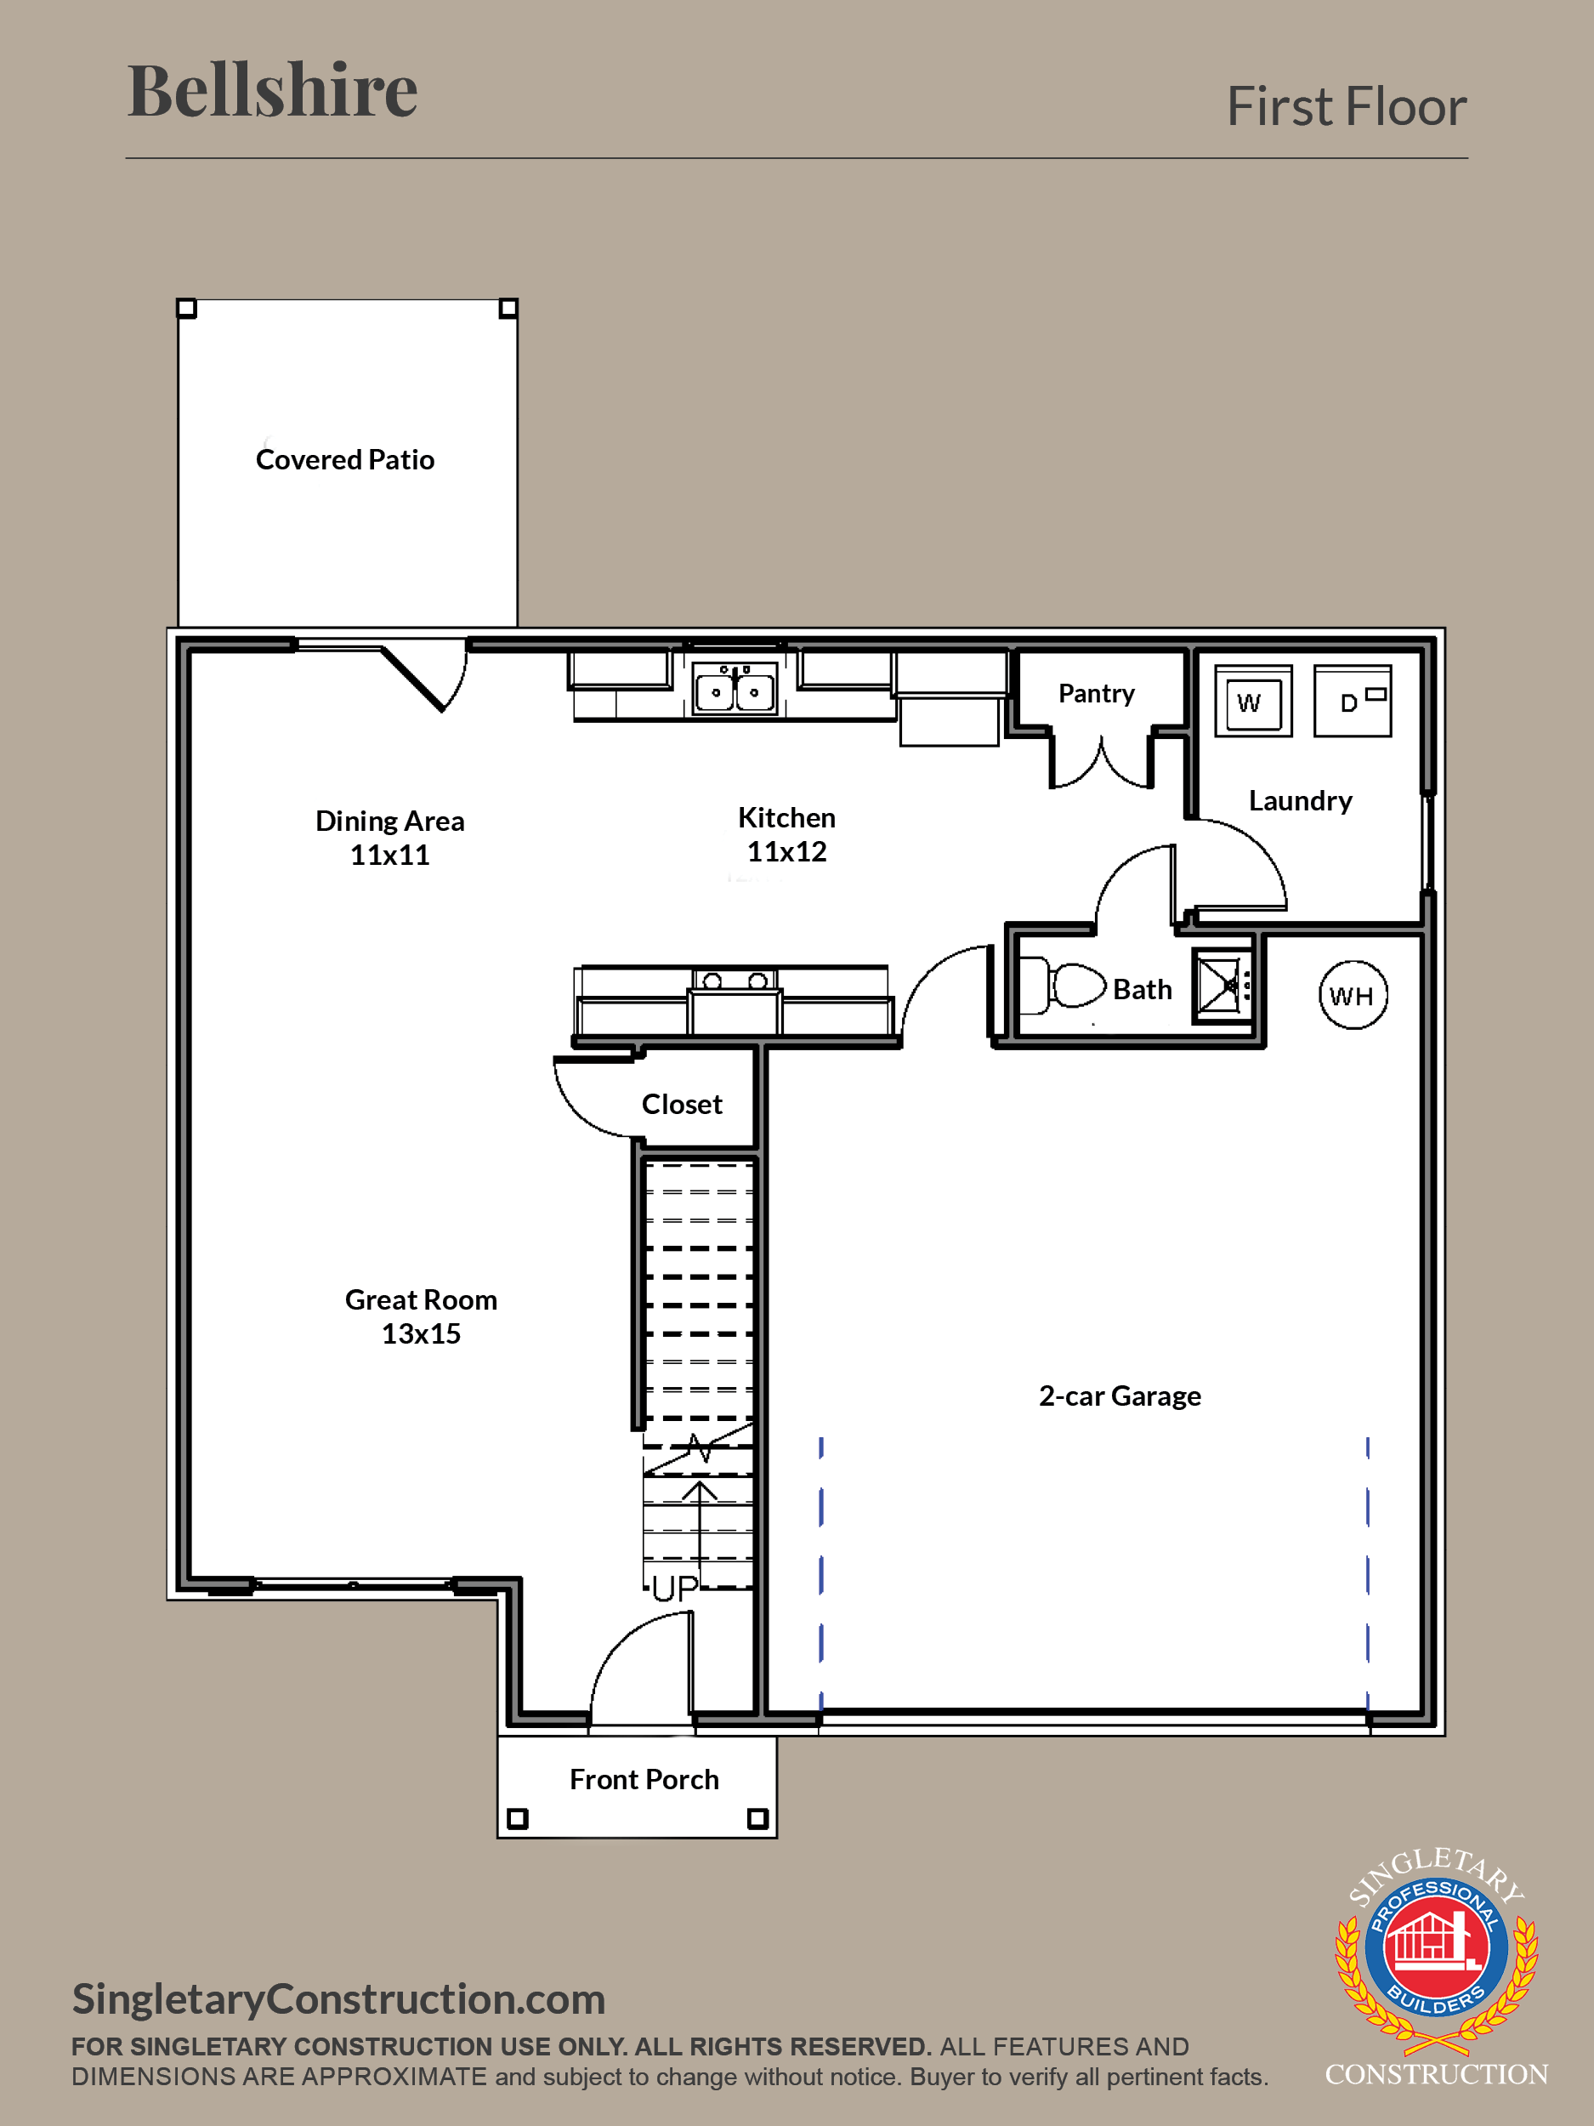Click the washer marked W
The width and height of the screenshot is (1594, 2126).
tap(1253, 701)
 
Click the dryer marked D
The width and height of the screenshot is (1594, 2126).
tap(1352, 701)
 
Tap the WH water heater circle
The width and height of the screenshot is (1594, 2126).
tap(1353, 995)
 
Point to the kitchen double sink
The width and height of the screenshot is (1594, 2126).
tap(735, 688)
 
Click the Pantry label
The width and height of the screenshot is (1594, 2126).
tap(1097, 693)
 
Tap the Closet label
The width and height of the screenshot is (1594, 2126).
tap(682, 1105)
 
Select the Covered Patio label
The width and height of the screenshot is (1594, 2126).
tap(345, 459)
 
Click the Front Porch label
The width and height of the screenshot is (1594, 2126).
tap(644, 1780)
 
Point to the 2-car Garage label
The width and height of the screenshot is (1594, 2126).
tap(1120, 1396)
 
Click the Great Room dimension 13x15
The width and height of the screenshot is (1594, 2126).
tap(421, 1334)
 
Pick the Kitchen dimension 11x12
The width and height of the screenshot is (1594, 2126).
tap(787, 851)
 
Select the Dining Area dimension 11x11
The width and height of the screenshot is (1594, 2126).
tap(389, 856)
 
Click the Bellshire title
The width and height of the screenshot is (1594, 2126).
tap(273, 90)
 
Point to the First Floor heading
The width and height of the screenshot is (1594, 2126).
tap(1347, 105)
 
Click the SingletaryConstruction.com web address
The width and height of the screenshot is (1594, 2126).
tap(339, 1999)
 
